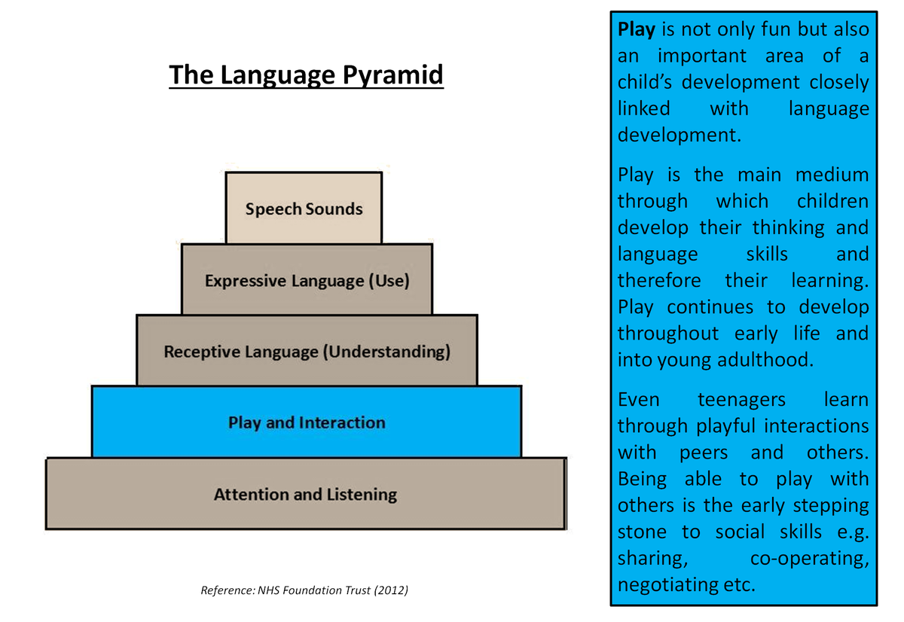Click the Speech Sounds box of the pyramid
pos(304,208)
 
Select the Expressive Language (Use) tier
pos(307,281)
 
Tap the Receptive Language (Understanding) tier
pos(307,352)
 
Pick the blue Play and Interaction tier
pos(307,422)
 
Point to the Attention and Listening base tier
pos(305,494)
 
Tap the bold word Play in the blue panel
pos(637,29)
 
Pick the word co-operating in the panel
pos(810,558)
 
